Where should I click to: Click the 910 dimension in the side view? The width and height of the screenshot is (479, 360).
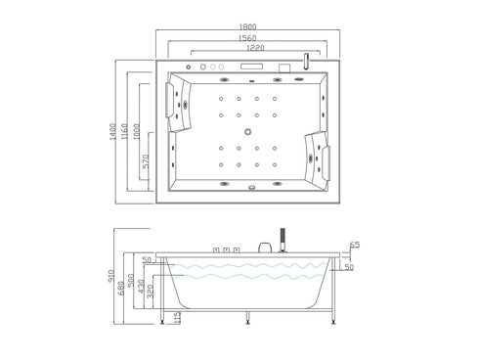click(x=111, y=277)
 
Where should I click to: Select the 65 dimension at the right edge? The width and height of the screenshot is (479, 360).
click(x=356, y=245)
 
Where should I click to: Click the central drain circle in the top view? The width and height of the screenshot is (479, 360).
click(x=248, y=130)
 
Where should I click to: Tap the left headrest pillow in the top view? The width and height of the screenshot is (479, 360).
click(x=180, y=104)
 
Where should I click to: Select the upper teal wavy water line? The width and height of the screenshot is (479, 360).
click(x=249, y=266)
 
